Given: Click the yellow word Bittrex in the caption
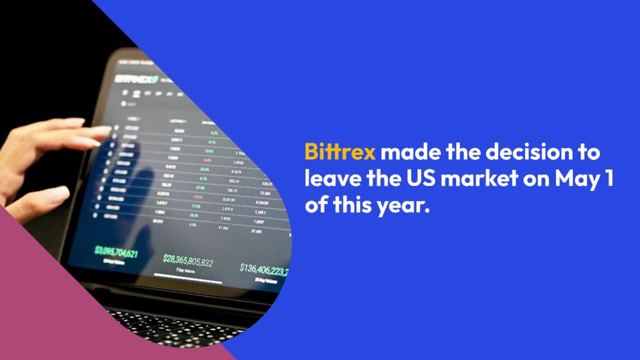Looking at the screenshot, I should tap(339, 152).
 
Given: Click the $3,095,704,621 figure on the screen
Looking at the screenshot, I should tap(115, 251).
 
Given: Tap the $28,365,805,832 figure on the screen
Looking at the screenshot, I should tap(188, 261).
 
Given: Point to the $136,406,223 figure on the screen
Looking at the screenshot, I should tap(264, 270).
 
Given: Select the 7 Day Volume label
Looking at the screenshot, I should tap(185, 270).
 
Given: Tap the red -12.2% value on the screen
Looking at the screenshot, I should tap(197, 196).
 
